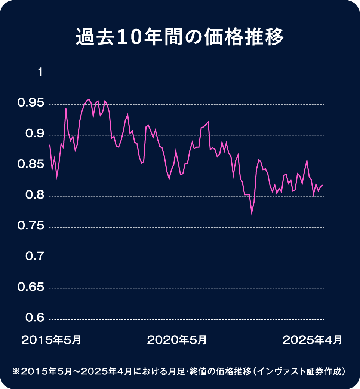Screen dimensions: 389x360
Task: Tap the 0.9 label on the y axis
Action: click(35, 134)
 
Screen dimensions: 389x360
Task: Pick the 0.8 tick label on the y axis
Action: click(35, 196)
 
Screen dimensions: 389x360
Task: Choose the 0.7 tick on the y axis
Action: click(35, 257)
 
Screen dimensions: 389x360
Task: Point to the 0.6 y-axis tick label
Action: click(35, 318)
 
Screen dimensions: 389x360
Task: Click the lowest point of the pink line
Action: click(252, 213)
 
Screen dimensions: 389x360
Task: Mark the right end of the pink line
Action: click(323, 185)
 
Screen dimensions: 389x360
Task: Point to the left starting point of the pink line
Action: click(50, 145)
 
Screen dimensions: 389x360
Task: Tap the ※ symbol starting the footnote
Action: click(16, 372)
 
